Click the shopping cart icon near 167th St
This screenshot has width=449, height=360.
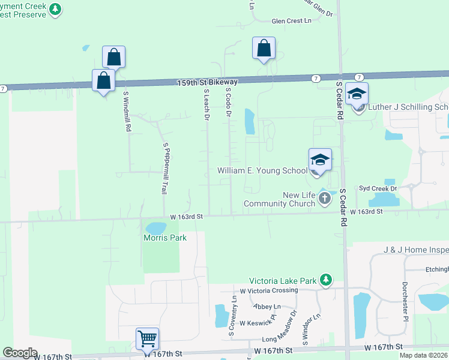(147, 338)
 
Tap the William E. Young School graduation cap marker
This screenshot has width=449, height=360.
(320, 160)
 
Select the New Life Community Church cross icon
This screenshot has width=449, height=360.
(325, 198)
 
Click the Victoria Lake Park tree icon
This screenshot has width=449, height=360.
(326, 280)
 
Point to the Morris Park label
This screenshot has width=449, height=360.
(165, 238)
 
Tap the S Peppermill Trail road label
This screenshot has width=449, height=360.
(164, 168)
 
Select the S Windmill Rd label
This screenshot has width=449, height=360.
(127, 112)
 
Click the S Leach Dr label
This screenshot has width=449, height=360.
(206, 106)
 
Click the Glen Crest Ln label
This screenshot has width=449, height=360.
(292, 21)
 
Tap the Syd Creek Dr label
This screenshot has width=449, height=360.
(378, 188)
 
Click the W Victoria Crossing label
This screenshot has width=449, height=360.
(268, 290)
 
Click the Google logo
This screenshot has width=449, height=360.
(20, 353)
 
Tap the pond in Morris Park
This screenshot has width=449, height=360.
(156, 228)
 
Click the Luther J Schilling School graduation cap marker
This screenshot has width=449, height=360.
(357, 94)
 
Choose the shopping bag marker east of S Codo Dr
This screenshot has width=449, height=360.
(264, 49)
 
